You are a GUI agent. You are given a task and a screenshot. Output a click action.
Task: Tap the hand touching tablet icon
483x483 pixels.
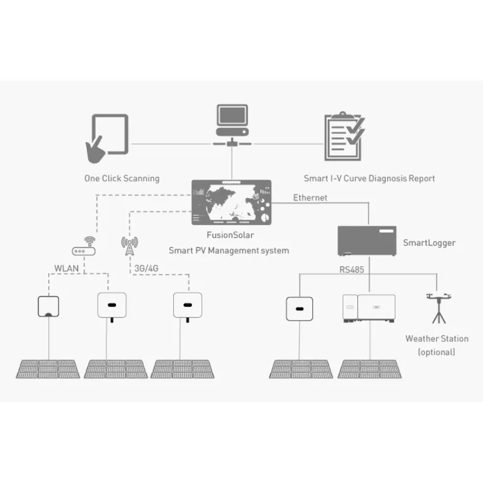(x=107, y=137)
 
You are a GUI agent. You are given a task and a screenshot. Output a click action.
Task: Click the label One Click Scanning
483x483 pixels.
(x=122, y=178)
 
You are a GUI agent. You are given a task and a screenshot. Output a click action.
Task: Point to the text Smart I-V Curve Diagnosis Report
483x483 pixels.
(x=369, y=178)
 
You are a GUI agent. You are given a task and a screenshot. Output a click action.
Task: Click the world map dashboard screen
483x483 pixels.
(x=232, y=202)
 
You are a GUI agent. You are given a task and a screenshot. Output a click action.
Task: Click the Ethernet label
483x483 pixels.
(x=310, y=197)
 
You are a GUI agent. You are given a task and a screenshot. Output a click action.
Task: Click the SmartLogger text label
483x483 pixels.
(x=429, y=243)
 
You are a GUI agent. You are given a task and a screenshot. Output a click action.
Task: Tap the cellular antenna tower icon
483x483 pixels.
(x=129, y=246)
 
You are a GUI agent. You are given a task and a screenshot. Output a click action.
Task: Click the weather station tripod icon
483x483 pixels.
(x=437, y=307)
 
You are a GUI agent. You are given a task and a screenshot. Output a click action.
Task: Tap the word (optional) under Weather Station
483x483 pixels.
(x=437, y=352)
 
